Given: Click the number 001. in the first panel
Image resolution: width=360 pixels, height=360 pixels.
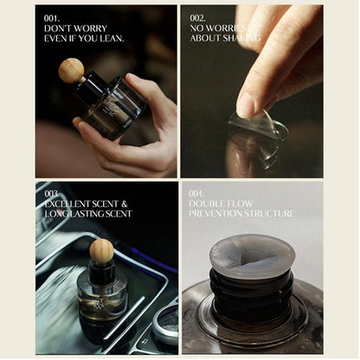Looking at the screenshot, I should (x=52, y=17).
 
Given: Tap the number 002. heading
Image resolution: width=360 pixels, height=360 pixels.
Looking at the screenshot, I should (x=198, y=17).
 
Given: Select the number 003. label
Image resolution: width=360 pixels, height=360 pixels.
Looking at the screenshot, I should (x=53, y=193).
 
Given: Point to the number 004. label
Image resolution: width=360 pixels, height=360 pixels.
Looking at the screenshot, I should (x=198, y=193).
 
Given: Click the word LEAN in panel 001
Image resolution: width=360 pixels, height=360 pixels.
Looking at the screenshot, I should (x=110, y=38).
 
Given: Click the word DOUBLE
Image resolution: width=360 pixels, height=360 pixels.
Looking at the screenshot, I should (x=209, y=203).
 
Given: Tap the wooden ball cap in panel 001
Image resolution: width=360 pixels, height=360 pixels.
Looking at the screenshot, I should (x=71, y=70).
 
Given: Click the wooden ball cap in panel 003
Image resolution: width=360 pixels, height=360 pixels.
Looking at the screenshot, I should (x=101, y=251).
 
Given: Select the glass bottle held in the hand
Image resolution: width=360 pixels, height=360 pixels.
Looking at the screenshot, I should (x=111, y=108).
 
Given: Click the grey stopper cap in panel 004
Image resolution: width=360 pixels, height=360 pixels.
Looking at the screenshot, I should (x=252, y=256).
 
